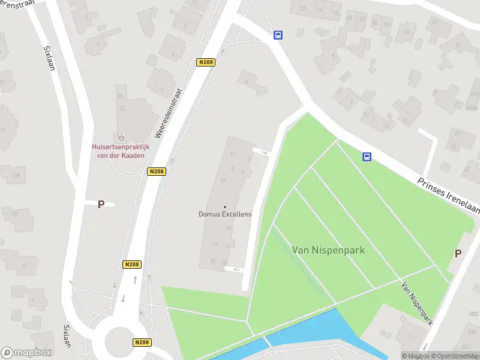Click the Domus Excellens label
tap(225, 214)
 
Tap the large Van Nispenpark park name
tap(328, 249)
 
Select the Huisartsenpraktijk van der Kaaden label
tap(120, 151)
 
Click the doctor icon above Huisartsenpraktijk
tap(120, 137)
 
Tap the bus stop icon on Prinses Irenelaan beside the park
tap(366, 157)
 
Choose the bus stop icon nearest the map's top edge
tap(278, 35)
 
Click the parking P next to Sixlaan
tap(101, 204)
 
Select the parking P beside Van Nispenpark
tap(458, 253)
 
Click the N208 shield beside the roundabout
tap(141, 343)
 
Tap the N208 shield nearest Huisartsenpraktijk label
tap(156, 172)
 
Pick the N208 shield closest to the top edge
tap(205, 62)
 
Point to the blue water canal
tap(306, 333)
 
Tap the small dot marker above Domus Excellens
tap(225, 207)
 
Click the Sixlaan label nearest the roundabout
tap(67, 340)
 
